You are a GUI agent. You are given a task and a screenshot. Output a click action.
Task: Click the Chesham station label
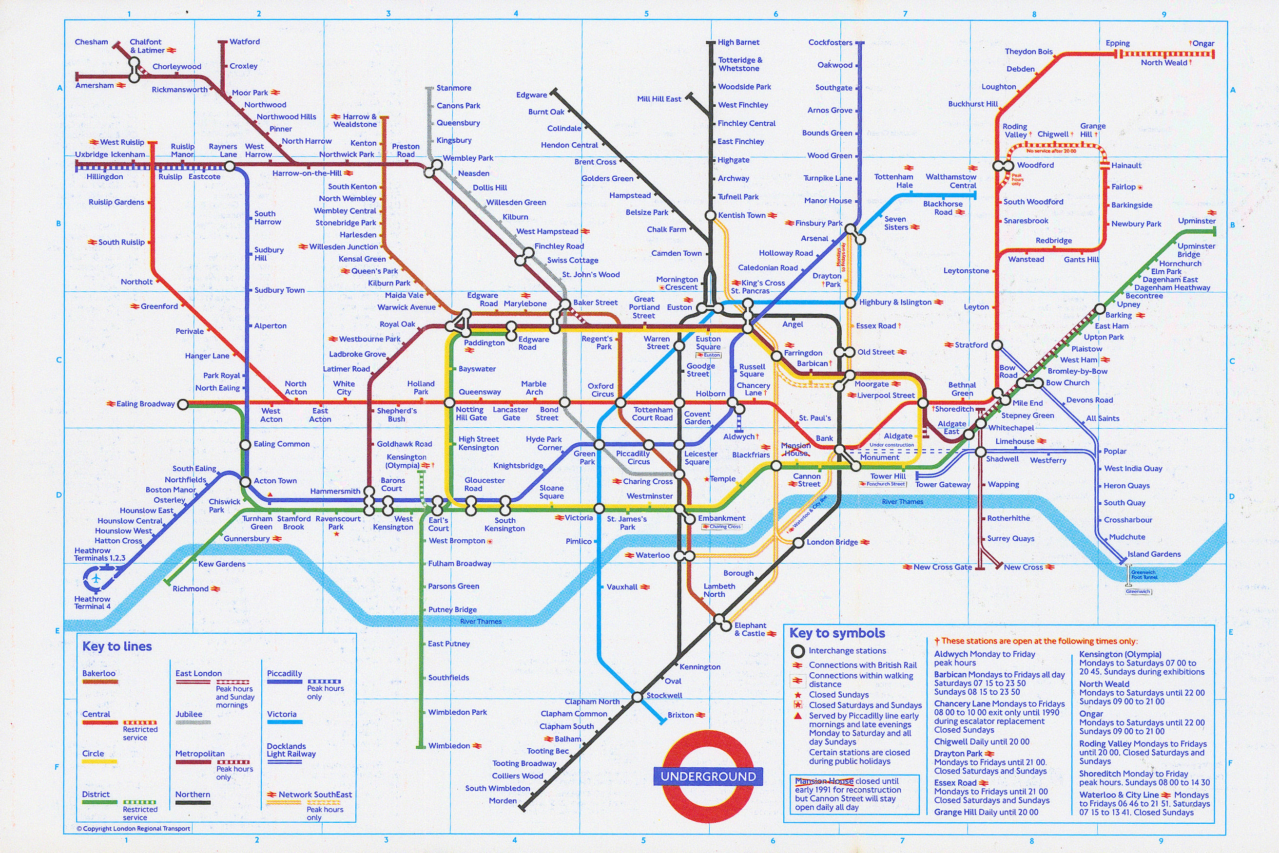coord(92,42)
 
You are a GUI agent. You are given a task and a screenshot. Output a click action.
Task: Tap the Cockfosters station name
coord(830,42)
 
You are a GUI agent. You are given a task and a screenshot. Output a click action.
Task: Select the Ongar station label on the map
coord(1203,43)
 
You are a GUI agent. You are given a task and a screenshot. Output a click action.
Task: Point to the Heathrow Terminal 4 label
coord(92,603)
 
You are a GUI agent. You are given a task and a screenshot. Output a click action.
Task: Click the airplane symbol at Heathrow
coord(97,578)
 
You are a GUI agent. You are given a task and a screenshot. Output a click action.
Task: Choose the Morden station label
coord(503,801)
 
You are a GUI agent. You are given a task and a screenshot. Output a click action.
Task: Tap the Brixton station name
coord(680,715)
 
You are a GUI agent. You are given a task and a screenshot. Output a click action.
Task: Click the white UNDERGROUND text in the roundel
coord(708,777)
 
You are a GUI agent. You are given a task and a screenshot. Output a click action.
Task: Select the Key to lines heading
coord(117,646)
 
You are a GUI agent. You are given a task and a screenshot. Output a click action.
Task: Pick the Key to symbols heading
coord(837,633)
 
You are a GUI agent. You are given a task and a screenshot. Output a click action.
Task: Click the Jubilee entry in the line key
coord(189,714)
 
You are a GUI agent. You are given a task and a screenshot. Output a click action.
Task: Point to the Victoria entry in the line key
coord(282,714)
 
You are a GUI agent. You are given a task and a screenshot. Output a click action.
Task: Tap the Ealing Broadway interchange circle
coord(183,404)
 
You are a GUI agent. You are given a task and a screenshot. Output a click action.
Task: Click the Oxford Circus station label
coord(601,390)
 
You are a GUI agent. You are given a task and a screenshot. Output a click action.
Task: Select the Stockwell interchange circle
coord(637,697)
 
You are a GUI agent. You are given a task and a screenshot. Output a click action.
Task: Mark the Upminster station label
coord(1196,221)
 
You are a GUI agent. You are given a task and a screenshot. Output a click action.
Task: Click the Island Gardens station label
coord(1154,554)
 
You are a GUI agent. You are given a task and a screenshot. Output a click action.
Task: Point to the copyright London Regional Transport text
coord(134,829)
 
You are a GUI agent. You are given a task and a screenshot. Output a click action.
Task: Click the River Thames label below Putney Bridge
coord(481,621)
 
